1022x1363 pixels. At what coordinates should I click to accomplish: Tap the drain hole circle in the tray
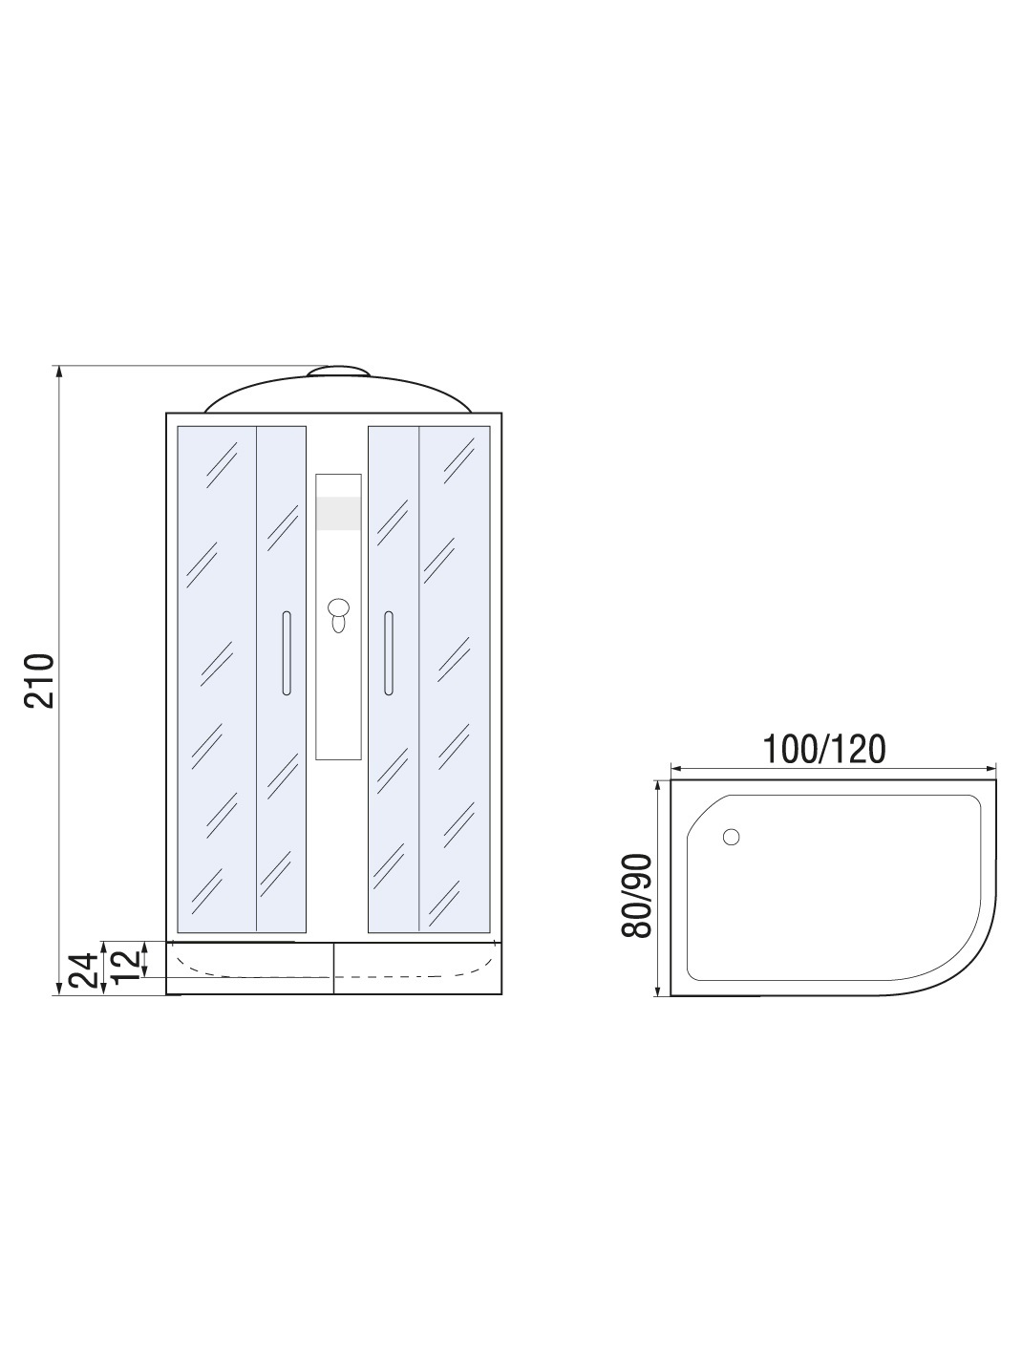click(732, 837)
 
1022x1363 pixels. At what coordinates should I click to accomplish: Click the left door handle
click(287, 653)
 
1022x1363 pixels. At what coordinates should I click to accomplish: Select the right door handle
click(389, 653)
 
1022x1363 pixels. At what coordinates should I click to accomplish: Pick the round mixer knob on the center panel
click(338, 607)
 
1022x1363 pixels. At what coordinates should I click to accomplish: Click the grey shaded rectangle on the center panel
click(338, 514)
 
